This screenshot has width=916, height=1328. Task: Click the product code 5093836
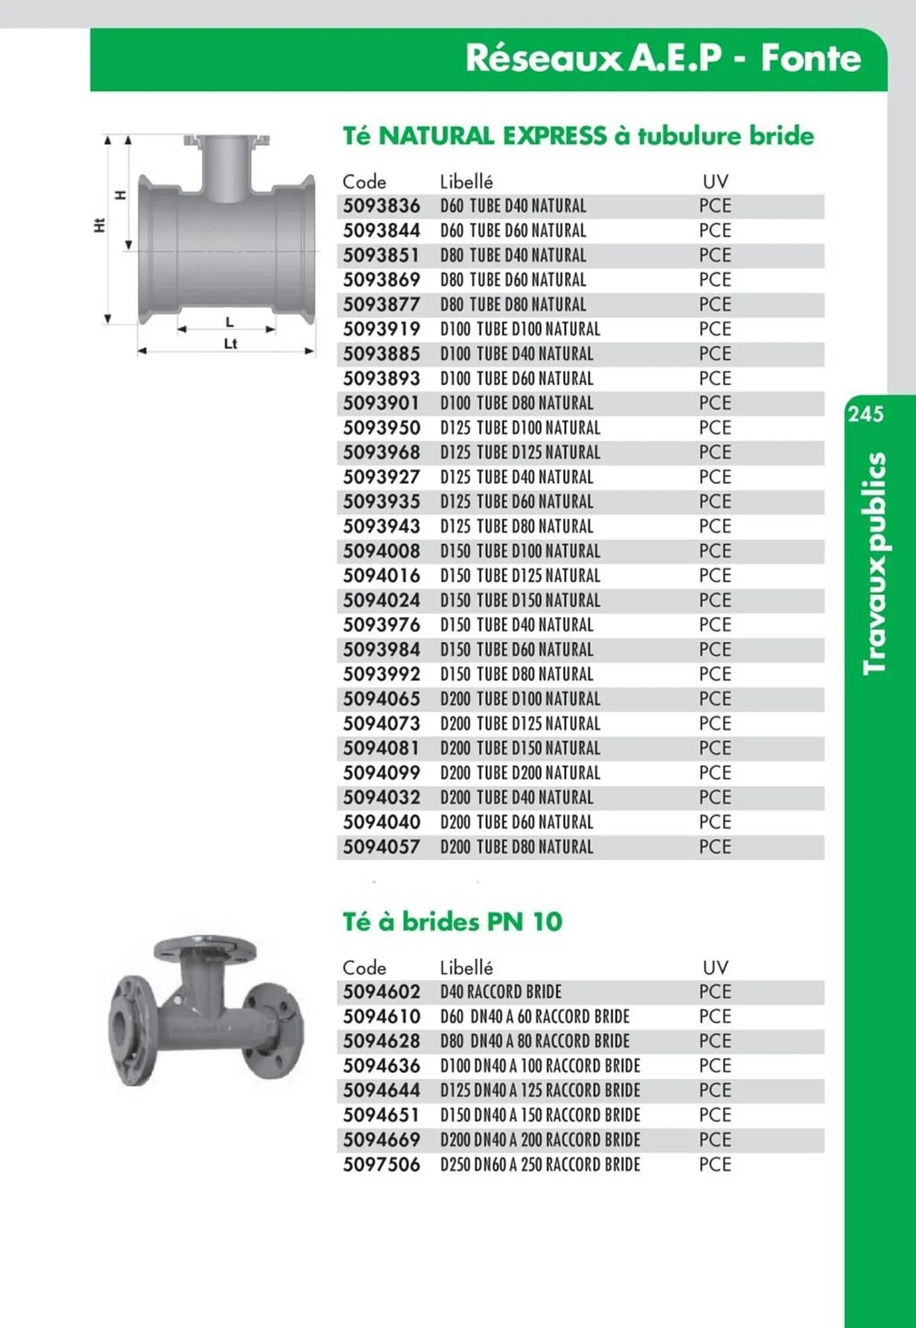(381, 206)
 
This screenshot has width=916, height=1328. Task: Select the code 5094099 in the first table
(381, 773)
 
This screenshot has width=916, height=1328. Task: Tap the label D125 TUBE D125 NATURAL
(520, 453)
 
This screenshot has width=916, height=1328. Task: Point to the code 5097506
(381, 1165)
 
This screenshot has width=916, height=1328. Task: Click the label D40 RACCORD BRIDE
(500, 992)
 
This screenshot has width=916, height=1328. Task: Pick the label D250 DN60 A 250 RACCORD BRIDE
(540, 1165)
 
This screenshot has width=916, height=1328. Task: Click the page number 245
(866, 414)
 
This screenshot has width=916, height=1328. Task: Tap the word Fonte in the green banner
(810, 58)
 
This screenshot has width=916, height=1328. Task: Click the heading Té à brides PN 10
(452, 922)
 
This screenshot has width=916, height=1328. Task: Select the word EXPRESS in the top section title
(554, 136)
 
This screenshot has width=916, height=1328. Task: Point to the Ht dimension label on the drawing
(99, 226)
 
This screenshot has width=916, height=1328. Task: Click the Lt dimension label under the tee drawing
(230, 344)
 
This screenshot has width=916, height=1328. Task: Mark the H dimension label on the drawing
(120, 195)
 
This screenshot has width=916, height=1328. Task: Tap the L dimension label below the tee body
(230, 323)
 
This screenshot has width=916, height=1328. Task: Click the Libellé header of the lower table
(466, 968)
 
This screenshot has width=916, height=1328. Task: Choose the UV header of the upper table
(715, 182)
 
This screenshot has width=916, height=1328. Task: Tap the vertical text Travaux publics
(874, 563)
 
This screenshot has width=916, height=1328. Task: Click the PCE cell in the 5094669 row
(715, 1140)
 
